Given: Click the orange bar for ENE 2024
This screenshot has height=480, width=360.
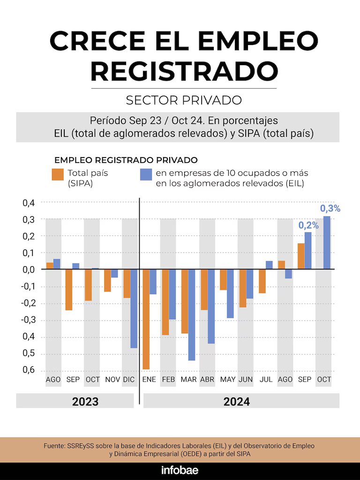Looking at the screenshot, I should coord(146,319).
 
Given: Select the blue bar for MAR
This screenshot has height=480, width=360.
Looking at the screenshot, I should coord(192,315).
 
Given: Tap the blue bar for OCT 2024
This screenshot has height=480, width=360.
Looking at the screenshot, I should coord(327,242).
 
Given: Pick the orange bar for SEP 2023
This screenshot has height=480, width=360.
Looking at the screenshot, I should coord(69,290).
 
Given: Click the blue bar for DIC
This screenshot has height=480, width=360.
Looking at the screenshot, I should coord(134,308).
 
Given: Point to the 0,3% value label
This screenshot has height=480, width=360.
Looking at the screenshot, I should coord(330,208).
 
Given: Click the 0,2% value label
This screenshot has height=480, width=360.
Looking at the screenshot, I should coord(308,225).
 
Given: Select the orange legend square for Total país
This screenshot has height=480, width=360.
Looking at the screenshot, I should coord(58,174).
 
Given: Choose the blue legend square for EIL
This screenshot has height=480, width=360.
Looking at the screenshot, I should coord(146,174).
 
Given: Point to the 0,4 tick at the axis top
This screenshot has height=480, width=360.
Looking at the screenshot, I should coord(29,202).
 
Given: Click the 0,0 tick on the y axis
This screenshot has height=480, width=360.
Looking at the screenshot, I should coord(29,270).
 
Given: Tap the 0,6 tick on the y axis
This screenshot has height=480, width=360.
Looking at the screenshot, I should coord(29,370).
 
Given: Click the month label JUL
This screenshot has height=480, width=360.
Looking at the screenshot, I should coord(266,379).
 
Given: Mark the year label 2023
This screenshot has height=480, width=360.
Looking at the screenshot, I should coord(85,402).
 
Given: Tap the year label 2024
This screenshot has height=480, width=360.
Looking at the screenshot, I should coord(237,402).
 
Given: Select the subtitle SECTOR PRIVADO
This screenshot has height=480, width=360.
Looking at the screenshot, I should coord(184,100).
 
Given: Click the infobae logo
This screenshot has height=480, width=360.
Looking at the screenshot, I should coord(180,471).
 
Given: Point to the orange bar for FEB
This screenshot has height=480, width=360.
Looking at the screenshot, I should coord(165,302).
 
